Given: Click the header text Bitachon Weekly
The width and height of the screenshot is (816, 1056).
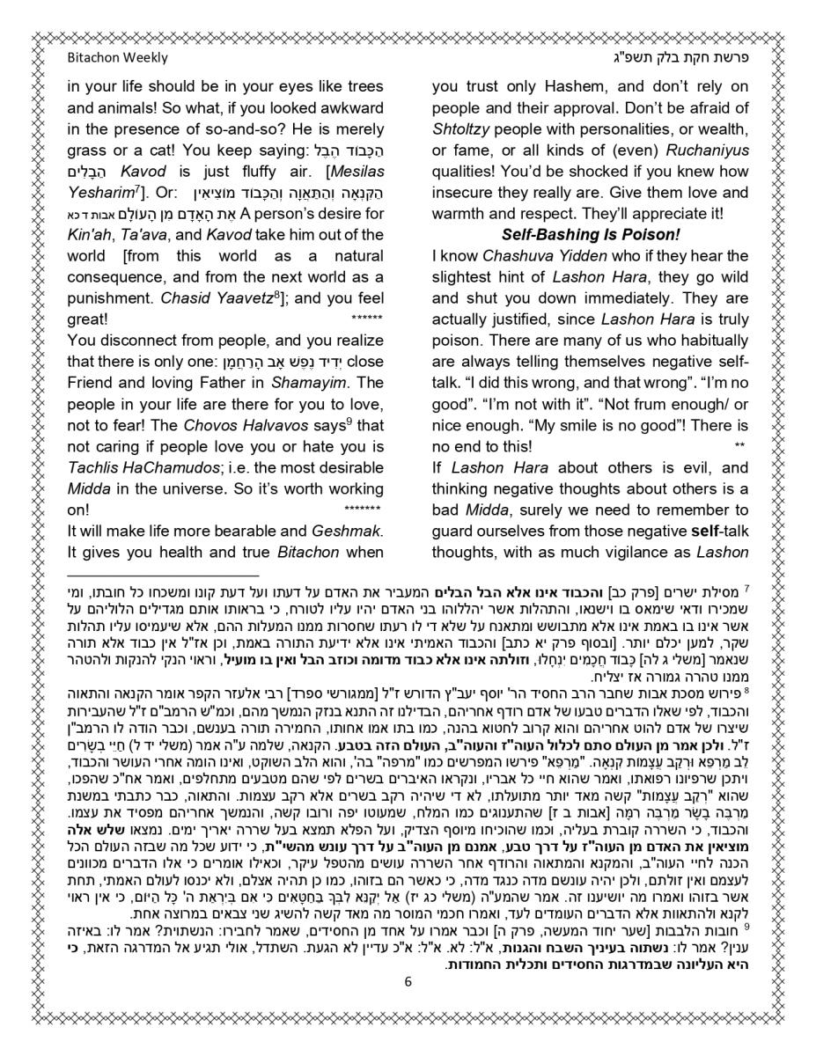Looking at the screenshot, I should [x=117, y=58].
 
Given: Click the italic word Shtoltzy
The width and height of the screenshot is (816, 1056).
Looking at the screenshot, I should [x=460, y=129].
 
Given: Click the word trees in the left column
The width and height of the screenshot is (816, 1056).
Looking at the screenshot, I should [x=364, y=87].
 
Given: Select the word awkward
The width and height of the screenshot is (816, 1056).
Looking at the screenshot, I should [x=349, y=108].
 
